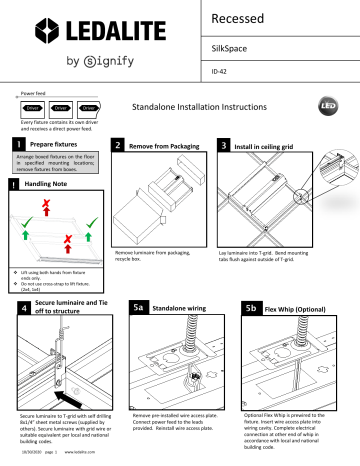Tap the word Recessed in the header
(x=245, y=19)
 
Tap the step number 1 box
(x=17, y=145)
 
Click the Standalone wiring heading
(x=190, y=307)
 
